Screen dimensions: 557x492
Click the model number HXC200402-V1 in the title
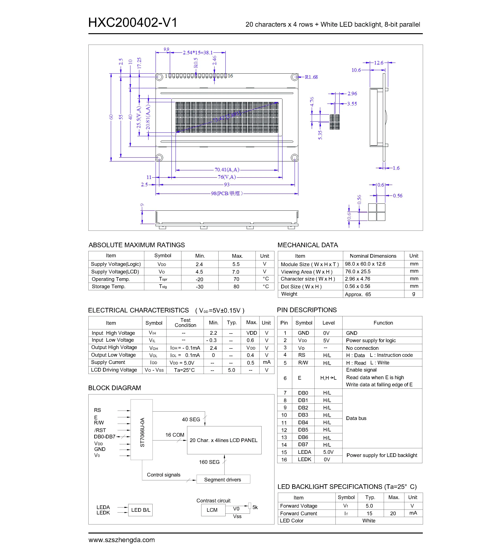[133, 23]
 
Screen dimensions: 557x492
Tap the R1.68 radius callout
[311, 77]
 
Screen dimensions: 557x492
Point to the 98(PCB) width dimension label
[226, 194]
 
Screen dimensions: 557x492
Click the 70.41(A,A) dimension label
[227, 170]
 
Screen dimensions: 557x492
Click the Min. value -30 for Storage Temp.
[199, 287]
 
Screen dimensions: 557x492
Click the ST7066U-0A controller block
[142, 430]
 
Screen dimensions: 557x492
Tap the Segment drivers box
[223, 480]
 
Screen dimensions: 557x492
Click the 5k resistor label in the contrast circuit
[255, 507]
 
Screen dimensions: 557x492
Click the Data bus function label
[356, 418]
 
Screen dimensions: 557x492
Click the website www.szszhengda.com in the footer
[122, 540]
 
